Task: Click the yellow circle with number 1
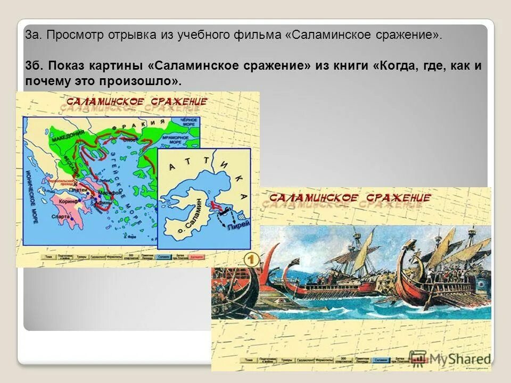point(251,260)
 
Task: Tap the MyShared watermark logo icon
point(418,357)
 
